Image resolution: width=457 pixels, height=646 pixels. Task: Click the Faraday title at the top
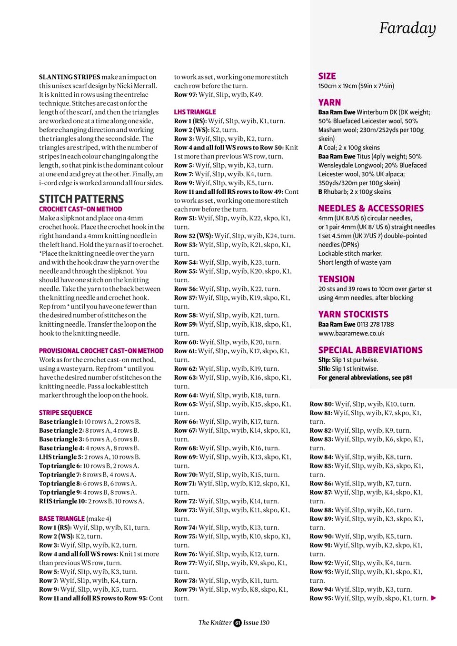pyautogui.click(x=407, y=29)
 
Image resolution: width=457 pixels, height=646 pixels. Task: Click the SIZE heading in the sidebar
pyautogui.click(x=327, y=76)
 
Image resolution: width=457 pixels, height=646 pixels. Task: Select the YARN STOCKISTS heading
pyautogui.click(x=353, y=314)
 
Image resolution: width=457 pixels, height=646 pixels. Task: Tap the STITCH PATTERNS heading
pyautogui.click(x=81, y=199)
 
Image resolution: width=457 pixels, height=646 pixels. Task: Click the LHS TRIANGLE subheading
pyautogui.click(x=195, y=112)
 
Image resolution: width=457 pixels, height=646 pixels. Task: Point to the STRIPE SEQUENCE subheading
pyautogui.click(x=66, y=413)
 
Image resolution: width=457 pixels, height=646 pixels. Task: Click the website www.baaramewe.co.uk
pyautogui.click(x=351, y=333)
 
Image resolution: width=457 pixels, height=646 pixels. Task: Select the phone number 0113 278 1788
pyautogui.click(x=376, y=324)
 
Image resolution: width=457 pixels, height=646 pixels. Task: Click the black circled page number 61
pyautogui.click(x=238, y=623)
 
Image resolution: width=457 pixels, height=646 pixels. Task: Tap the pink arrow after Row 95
pyautogui.click(x=434, y=598)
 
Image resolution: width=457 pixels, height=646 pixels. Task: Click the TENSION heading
pyautogui.click(x=337, y=279)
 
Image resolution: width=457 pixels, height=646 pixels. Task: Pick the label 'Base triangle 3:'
pyautogui.click(x=61, y=439)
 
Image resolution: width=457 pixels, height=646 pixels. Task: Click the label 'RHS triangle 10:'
pyautogui.click(x=62, y=501)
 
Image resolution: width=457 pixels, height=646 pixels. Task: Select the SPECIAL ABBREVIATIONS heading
pyautogui.click(x=370, y=350)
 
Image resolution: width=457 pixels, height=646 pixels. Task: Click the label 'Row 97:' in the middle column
pyautogui.click(x=185, y=95)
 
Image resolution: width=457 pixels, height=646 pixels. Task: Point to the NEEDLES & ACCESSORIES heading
pyautogui.click(x=371, y=208)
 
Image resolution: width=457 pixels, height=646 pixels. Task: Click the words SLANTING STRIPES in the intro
pyautogui.click(x=70, y=77)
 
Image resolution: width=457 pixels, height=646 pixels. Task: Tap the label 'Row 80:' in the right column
pyautogui.click(x=321, y=404)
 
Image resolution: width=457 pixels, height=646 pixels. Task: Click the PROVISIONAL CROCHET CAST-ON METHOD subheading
pyautogui.click(x=101, y=351)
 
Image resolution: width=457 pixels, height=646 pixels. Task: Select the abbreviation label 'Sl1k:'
pyautogui.click(x=324, y=369)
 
